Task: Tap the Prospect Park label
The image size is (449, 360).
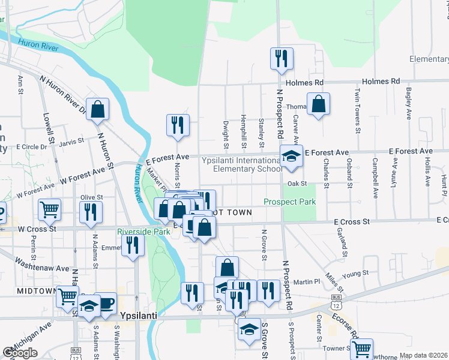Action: pyautogui.click(x=290, y=202)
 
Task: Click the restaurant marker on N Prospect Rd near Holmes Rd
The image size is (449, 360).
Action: pyautogui.click(x=282, y=59)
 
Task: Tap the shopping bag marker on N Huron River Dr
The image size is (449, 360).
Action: pyautogui.click(x=97, y=109)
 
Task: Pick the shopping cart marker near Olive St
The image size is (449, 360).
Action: pyautogui.click(x=49, y=209)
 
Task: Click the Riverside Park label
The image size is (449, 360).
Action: pyautogui.click(x=143, y=230)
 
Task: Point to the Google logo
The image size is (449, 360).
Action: pyautogui.click(x=20, y=352)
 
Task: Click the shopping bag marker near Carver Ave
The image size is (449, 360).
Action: pyautogui.click(x=318, y=104)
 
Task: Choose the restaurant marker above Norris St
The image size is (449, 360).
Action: pyautogui.click(x=178, y=125)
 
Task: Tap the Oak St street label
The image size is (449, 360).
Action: pyautogui.click(x=297, y=184)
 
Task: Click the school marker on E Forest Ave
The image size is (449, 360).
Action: pyautogui.click(x=291, y=157)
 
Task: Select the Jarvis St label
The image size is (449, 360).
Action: pyautogui.click(x=72, y=142)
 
